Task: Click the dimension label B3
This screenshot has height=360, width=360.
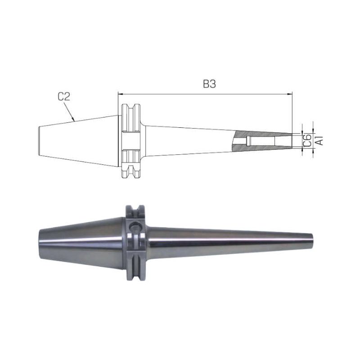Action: (209, 84)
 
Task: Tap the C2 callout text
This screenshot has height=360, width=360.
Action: (64, 97)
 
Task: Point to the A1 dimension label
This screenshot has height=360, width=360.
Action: (319, 140)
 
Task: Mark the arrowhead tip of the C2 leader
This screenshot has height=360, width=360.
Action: (74, 121)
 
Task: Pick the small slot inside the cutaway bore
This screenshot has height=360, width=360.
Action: (248, 141)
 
